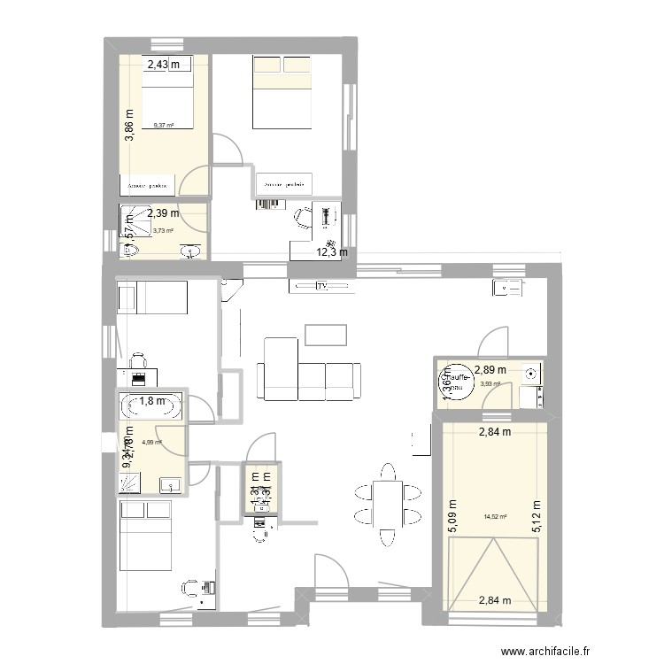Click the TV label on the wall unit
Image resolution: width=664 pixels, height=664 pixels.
[321, 286]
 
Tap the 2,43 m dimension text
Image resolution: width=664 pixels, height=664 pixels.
[162, 64]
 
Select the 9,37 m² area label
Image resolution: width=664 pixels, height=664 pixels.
[164, 126]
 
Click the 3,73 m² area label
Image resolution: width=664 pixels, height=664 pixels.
[163, 231]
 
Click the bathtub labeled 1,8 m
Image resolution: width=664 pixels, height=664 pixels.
[151, 408]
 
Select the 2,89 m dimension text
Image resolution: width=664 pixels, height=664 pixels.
[490, 370]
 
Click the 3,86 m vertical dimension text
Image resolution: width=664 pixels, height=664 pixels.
[129, 126]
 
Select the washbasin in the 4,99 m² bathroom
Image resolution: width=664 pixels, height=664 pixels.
[169, 484]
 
